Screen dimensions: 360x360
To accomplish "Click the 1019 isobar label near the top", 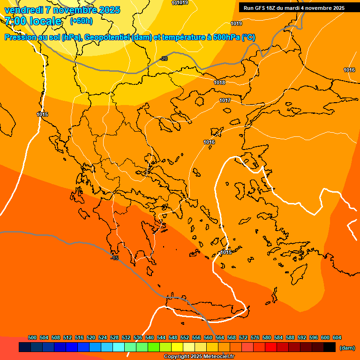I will click(x=236, y=23).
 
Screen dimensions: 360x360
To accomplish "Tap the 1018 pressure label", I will click(x=219, y=82).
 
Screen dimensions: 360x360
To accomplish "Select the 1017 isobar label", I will click(x=225, y=101).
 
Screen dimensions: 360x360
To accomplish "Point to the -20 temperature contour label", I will click(x=164, y=59).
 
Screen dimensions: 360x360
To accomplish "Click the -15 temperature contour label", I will click(x=114, y=258).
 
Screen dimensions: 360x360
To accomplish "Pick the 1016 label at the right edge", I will click(x=349, y=70).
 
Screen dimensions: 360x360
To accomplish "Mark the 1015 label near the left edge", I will click(x=42, y=114).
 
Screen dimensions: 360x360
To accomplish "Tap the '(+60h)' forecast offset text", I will click(x=81, y=21).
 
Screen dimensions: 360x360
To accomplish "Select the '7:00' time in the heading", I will click(x=14, y=21).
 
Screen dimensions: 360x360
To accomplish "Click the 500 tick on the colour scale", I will click(x=32, y=337).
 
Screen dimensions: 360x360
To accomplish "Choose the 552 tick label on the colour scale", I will click(x=185, y=337).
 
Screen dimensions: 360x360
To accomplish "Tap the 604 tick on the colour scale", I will click(x=337, y=337).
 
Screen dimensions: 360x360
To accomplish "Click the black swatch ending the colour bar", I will click(x=330, y=347).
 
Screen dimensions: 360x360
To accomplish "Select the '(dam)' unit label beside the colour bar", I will click(x=347, y=348).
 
